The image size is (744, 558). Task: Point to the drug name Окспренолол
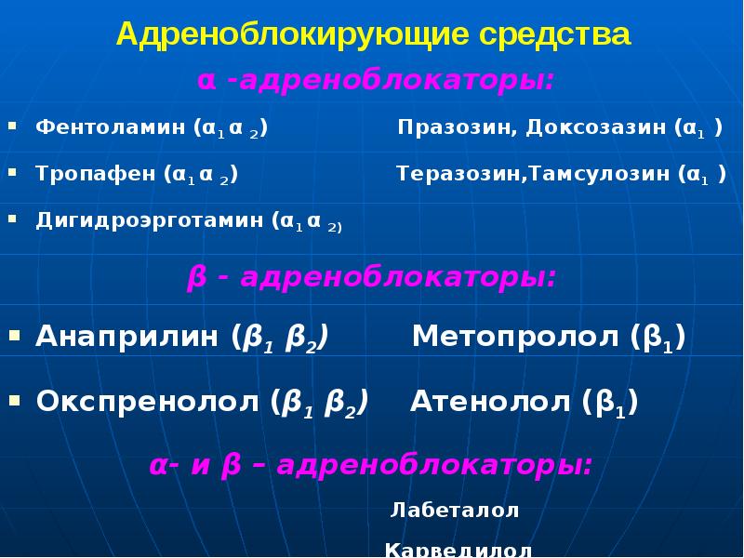pyautogui.click(x=149, y=402)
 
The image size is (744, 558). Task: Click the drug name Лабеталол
pyautogui.click(x=455, y=511)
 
